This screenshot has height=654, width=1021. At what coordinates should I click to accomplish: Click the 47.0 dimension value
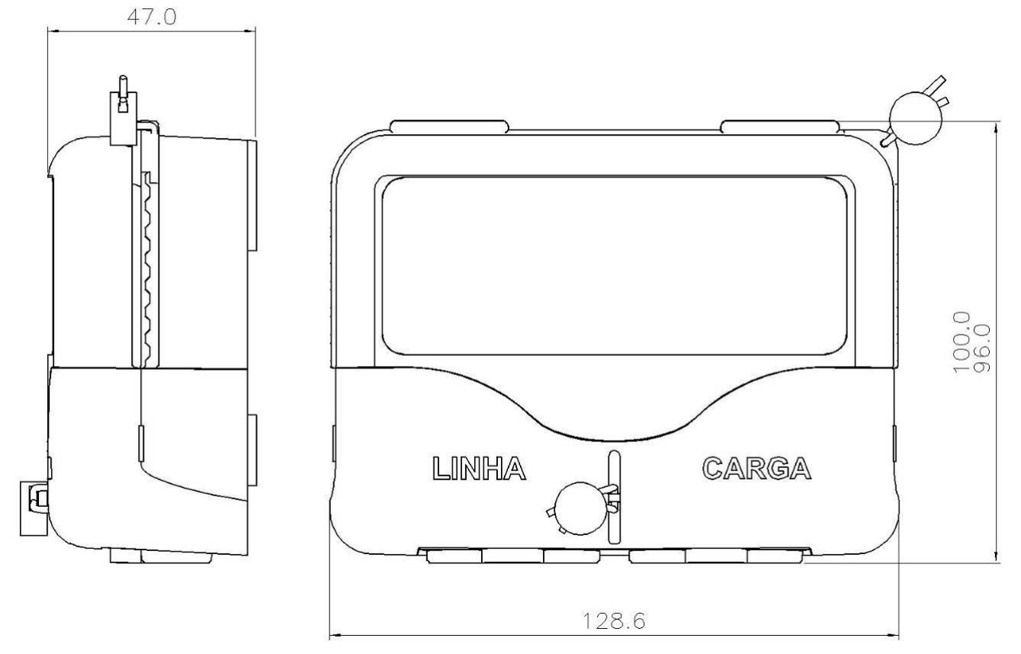[151, 18]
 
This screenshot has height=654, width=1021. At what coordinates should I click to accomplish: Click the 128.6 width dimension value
[614, 620]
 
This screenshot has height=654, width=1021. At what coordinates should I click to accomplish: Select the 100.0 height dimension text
[962, 342]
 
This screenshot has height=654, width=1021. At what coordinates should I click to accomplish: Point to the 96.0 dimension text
[982, 348]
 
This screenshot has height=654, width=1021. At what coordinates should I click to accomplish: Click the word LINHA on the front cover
[479, 468]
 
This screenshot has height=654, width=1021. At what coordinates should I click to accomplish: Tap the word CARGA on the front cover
[756, 468]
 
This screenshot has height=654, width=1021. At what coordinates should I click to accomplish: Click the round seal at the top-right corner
[915, 118]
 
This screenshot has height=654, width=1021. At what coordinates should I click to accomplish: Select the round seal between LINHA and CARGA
[581, 508]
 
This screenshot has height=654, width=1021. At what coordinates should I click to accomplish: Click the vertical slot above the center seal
[615, 497]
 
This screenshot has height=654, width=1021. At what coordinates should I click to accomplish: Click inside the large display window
[615, 266]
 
